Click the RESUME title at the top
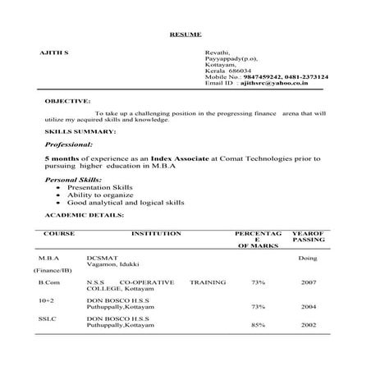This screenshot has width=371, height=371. tap(185, 34)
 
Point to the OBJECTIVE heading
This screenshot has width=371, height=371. tap(67, 100)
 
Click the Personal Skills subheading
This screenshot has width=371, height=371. tap(74, 178)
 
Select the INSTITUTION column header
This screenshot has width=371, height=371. tap(156, 234)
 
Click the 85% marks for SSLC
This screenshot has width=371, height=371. tap(258, 324)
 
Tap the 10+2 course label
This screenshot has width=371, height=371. tap(46, 300)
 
